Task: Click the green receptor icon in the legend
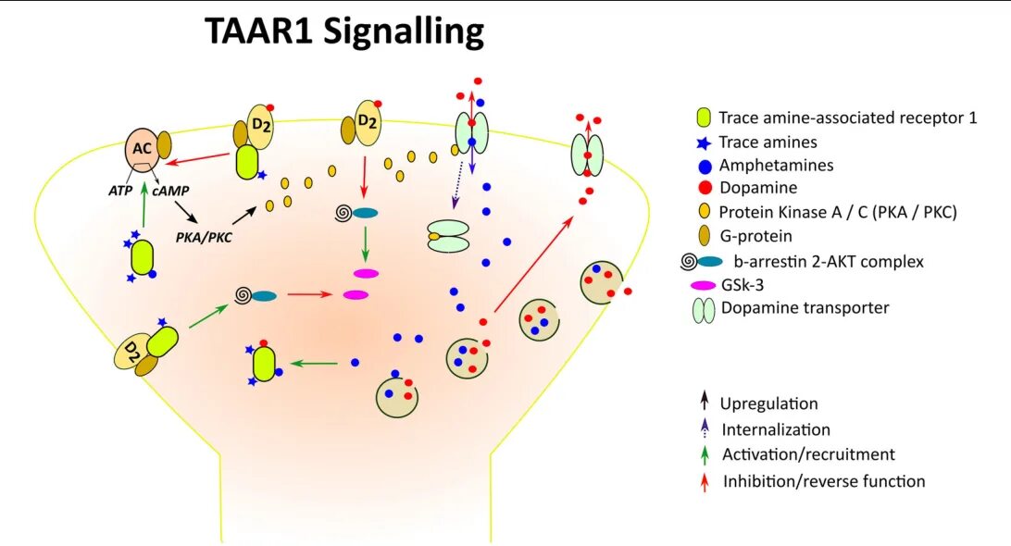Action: (704, 118)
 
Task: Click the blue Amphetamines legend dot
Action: (705, 166)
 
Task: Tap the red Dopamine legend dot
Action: (705, 189)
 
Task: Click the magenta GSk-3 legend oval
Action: (705, 285)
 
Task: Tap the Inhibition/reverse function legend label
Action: (822, 480)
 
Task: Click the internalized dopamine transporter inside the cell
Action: (446, 236)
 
